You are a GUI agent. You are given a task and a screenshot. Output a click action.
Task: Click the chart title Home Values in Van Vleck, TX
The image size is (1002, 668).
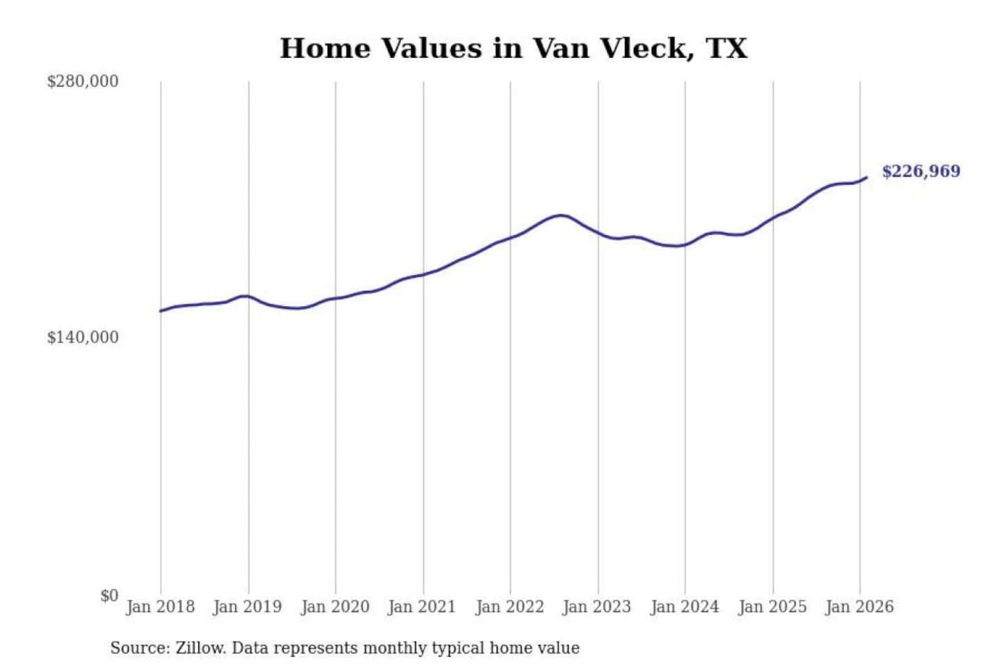514,49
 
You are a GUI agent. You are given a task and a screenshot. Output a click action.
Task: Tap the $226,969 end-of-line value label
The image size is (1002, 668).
921,171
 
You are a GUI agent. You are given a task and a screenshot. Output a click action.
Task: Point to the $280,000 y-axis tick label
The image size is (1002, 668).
83,81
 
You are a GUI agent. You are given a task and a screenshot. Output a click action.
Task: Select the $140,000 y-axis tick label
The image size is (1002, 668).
83,337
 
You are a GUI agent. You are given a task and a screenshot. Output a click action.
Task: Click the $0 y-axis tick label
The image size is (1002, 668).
109,596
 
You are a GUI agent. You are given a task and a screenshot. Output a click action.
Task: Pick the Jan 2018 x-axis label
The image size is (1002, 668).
160,607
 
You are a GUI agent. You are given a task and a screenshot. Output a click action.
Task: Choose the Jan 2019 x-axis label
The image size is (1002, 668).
247,607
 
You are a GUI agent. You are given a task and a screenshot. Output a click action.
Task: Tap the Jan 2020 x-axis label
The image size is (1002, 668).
335,607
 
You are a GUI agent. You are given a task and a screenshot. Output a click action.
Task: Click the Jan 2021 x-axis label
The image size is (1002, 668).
422,607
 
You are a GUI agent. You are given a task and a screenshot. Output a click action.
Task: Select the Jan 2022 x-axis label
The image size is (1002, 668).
509,607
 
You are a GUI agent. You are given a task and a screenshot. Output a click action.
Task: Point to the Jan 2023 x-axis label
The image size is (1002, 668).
596,607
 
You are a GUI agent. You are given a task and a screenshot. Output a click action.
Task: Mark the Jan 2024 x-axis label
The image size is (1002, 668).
684,607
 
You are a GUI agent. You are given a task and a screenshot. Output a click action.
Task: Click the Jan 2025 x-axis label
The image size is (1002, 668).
772,607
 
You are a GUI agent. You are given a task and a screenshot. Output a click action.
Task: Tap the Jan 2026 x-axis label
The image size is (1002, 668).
859,607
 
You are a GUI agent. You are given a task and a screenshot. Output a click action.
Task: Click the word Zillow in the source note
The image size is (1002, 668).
200,649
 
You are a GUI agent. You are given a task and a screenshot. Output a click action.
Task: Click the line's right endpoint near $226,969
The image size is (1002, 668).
866,177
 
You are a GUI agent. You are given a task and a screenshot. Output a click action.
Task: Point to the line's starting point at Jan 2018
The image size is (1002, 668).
161,311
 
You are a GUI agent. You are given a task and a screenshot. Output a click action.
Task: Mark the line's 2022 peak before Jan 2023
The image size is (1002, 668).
561,215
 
